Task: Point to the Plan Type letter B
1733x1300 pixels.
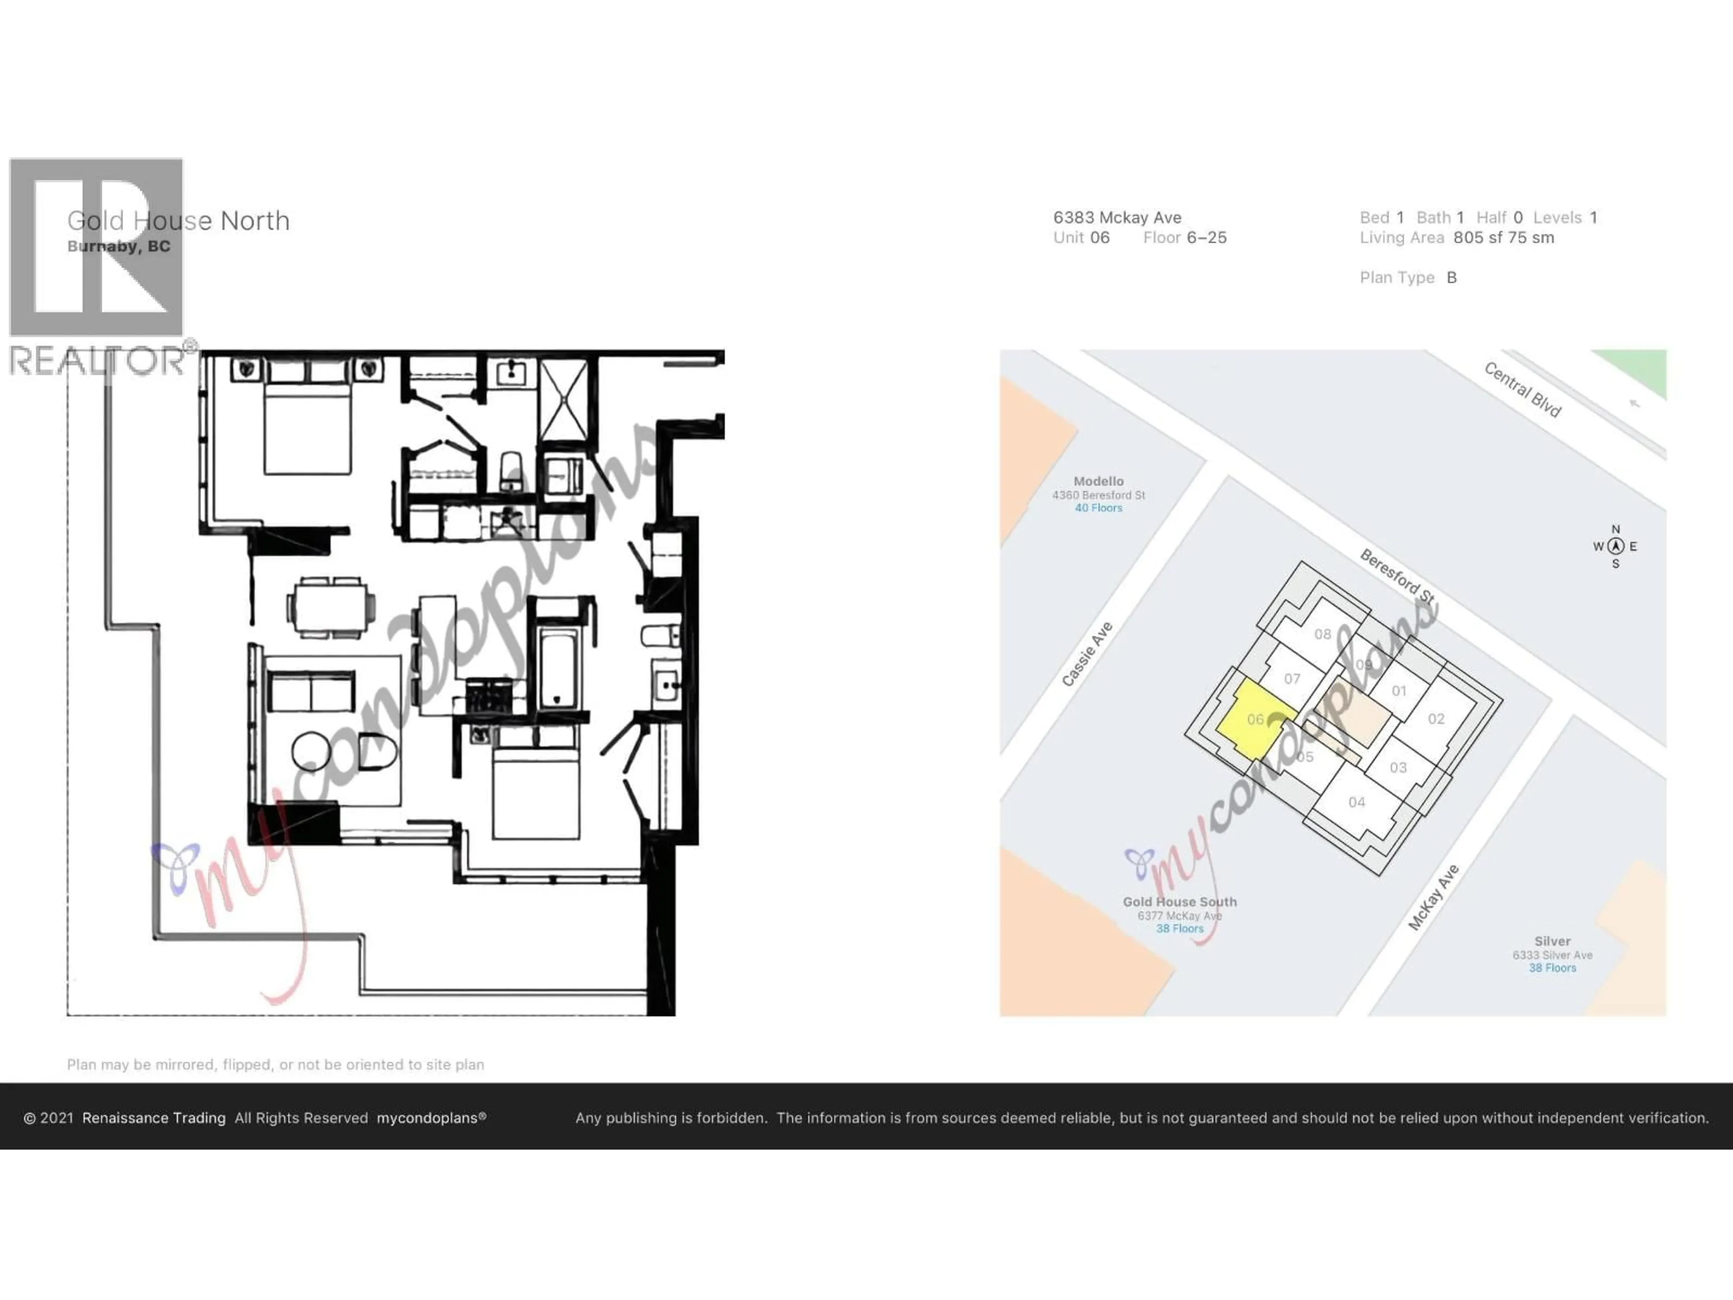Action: [x=1452, y=278]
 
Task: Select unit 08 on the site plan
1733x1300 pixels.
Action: [x=1322, y=634]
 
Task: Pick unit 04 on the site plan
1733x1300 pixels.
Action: [x=1357, y=802]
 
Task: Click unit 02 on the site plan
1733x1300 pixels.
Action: [x=1436, y=719]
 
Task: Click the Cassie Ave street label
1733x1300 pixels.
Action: [x=1088, y=655]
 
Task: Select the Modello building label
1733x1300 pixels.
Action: [x=1098, y=481]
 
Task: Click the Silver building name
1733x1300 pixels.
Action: [x=1552, y=941]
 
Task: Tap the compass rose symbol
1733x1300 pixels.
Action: [x=1616, y=546]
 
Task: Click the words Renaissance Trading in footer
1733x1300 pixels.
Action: [x=153, y=1118]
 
